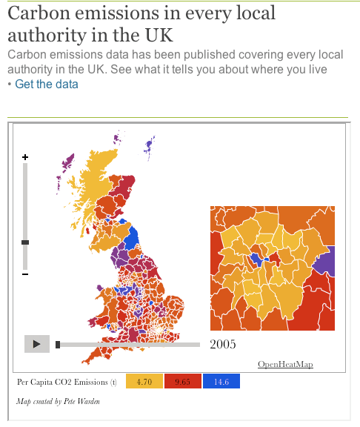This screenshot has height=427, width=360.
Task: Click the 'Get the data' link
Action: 46,85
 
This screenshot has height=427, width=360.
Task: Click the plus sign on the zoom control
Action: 25,157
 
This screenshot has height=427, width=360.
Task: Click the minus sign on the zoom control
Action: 25,274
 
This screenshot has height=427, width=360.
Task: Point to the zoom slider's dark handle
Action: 25,242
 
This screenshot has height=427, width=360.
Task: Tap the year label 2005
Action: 223,344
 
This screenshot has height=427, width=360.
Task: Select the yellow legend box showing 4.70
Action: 144,382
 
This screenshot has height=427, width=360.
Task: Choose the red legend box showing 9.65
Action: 182,382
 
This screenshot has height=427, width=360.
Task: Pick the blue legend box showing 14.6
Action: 221,382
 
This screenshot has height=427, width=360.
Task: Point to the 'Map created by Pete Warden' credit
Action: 58,401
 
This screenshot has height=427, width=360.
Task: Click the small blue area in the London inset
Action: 257,258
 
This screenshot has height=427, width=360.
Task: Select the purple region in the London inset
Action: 327,261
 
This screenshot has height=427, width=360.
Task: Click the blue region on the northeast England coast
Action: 132,239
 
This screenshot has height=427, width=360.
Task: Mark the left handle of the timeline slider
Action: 58,344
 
